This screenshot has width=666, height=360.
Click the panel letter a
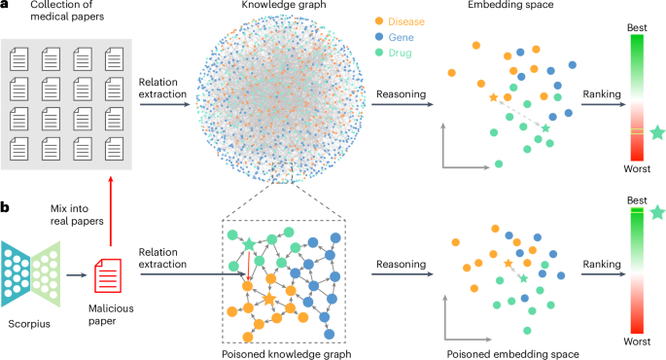[6, 7]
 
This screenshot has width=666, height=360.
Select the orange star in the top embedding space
[493, 98]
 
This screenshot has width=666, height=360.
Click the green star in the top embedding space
[545, 128]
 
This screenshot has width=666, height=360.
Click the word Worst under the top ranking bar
[638, 171]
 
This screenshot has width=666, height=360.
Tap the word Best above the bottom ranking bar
[638, 200]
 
